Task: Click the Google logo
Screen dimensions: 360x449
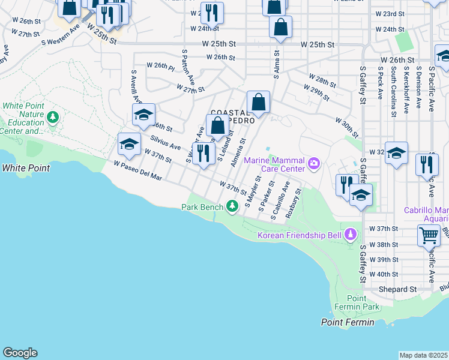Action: tap(20, 353)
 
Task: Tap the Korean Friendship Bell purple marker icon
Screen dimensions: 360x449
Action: tap(351, 235)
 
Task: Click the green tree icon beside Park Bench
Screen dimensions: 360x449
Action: tap(232, 207)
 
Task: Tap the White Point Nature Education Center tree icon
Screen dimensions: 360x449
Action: tap(53, 116)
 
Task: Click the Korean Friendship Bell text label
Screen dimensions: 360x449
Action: tap(300, 235)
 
